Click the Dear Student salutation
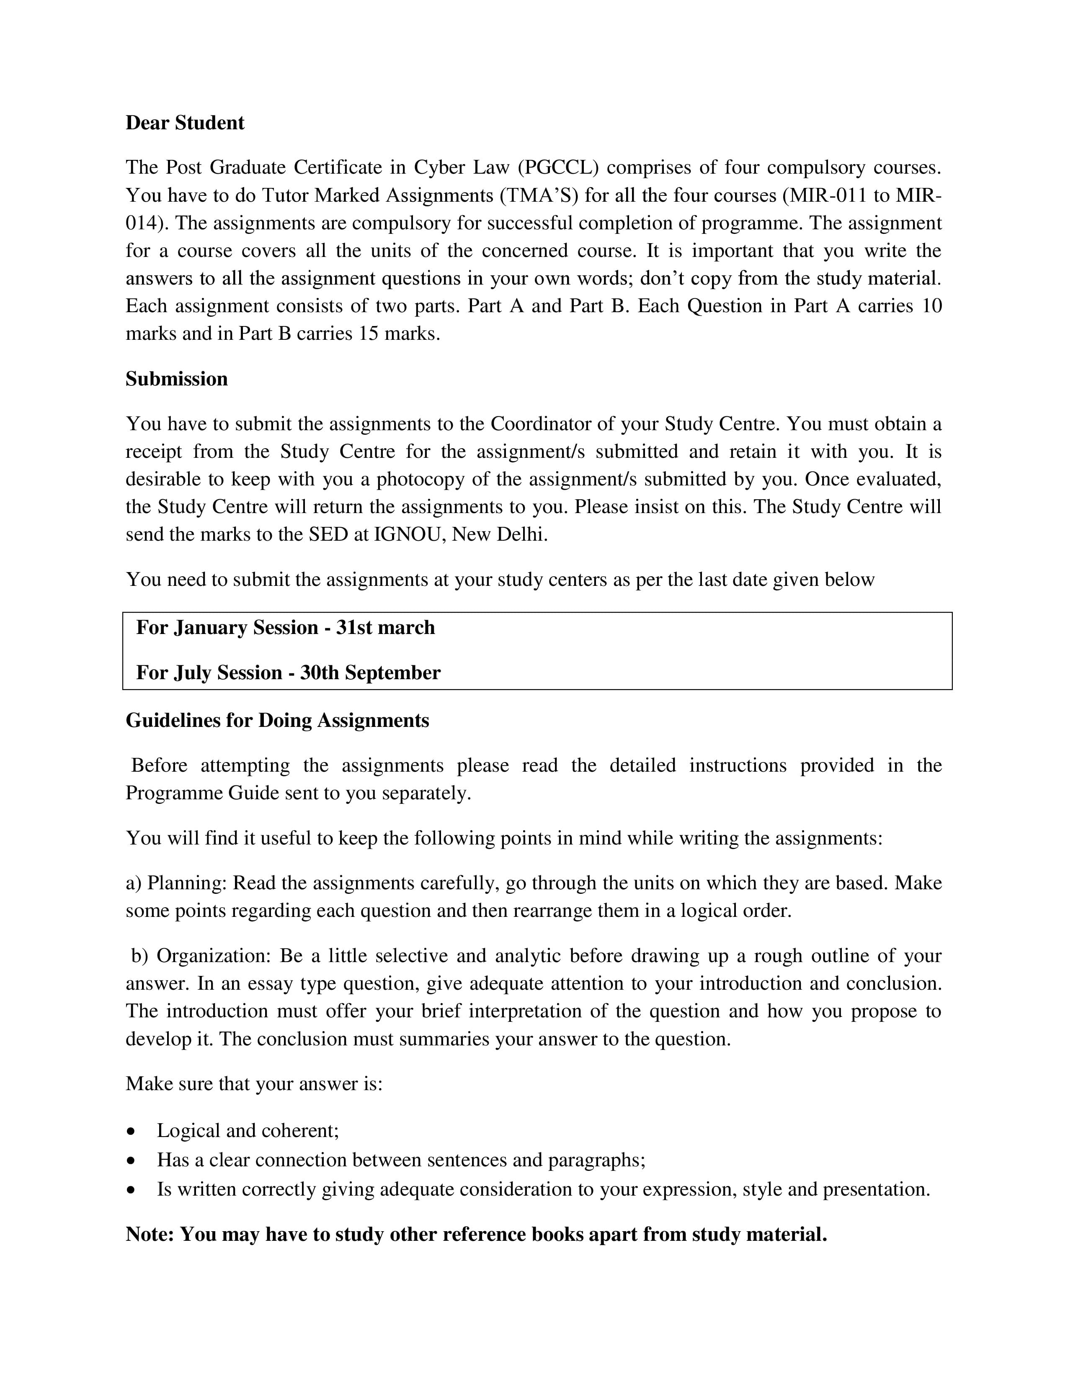click(x=184, y=123)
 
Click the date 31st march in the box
click(x=385, y=628)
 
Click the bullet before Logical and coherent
click(x=131, y=1131)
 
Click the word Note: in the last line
click(x=150, y=1234)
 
